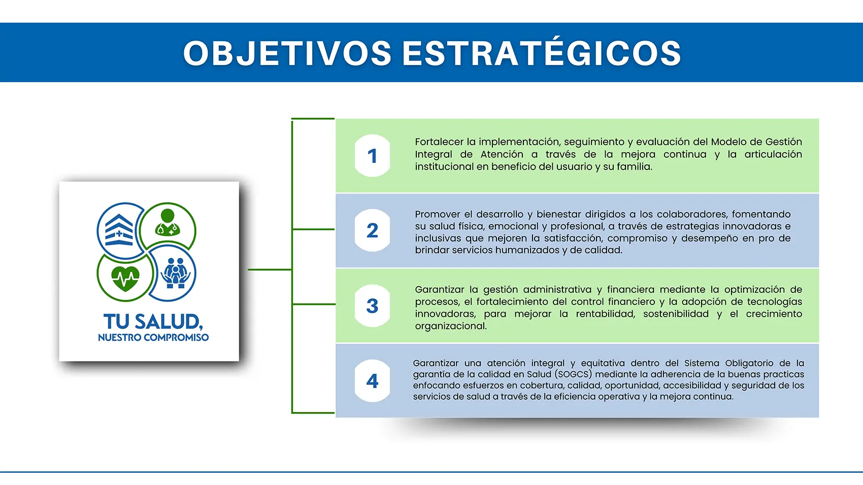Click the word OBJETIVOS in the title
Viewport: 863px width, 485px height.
tap(287, 53)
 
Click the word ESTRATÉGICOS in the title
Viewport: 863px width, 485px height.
tap(542, 53)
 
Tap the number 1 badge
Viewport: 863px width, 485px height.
tap(372, 156)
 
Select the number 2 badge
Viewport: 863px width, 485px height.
tap(372, 231)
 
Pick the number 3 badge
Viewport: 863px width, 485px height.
tap(372, 306)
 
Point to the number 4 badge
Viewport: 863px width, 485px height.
tap(372, 381)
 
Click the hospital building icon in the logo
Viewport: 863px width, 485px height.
tap(119, 230)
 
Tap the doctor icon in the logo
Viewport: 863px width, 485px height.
tap(168, 223)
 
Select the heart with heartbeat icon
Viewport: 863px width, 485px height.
tap(125, 277)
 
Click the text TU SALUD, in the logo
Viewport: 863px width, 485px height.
tap(153, 322)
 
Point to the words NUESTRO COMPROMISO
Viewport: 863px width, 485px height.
tap(153, 337)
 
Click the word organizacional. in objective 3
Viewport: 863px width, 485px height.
tap(451, 326)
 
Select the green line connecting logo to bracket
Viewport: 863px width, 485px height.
tap(270, 269)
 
